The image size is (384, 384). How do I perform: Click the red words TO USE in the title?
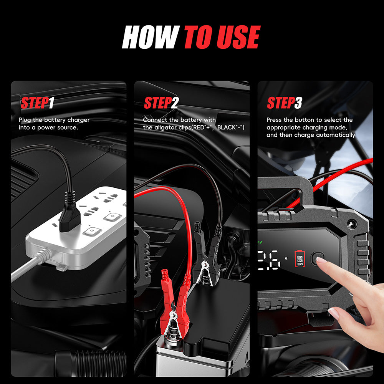point(222,38)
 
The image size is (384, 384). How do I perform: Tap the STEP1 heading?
point(37,103)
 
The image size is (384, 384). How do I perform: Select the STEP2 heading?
point(161,103)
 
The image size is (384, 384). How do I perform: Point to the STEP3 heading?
point(284,103)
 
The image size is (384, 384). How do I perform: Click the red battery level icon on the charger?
point(300,258)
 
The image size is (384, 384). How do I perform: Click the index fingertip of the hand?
point(319,260)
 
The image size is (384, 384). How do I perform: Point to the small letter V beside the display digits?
point(285,258)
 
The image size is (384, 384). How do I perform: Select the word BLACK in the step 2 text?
point(227,127)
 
